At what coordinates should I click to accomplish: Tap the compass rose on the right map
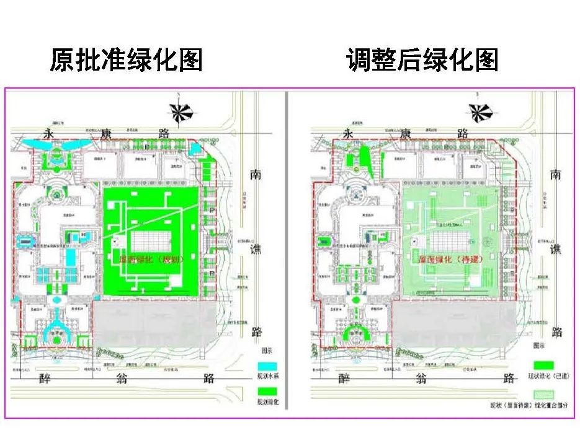tap(478, 112)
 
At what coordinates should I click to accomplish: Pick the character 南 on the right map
tap(556, 175)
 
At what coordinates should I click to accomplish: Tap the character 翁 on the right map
tap(424, 377)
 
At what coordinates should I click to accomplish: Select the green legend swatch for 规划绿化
tap(268, 392)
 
